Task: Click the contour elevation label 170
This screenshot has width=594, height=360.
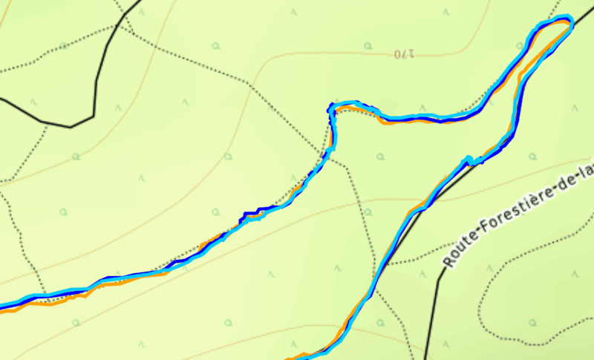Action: point(402,53)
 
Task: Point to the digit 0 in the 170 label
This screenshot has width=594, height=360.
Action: point(396,53)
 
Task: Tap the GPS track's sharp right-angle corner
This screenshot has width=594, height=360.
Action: point(330,108)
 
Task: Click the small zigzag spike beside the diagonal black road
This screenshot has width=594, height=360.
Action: point(469,159)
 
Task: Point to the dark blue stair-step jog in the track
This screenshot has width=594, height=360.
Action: point(252,215)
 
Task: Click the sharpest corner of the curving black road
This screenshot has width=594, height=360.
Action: point(93,117)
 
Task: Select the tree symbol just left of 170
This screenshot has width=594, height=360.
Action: point(368,46)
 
